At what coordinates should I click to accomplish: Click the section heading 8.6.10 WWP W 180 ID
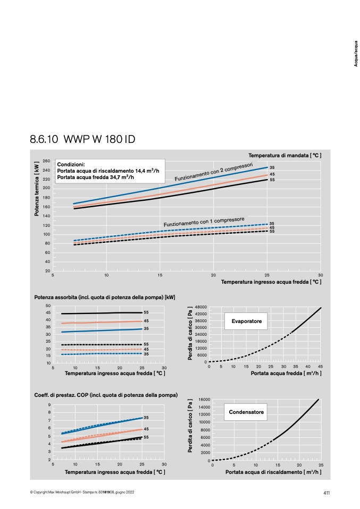[82, 139]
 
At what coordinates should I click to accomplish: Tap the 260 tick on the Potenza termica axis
[46, 161]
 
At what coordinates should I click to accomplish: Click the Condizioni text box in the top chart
[110, 171]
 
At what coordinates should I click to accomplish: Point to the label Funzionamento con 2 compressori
[213, 172]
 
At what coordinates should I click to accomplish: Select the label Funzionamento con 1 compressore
[204, 222]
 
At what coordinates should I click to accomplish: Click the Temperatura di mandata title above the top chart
[285, 156]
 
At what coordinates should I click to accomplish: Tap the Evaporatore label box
[246, 321]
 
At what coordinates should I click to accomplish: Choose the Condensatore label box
[246, 412]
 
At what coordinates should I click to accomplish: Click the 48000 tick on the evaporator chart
[201, 307]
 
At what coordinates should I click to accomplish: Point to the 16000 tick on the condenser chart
[204, 400]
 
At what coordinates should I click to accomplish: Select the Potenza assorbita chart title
[105, 298]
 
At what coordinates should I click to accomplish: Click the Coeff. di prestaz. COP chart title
[106, 395]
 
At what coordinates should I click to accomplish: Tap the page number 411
[326, 493]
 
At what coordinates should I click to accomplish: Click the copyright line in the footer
[82, 492]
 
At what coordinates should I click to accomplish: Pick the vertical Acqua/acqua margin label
[356, 54]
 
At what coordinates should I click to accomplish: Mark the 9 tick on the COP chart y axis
[49, 405]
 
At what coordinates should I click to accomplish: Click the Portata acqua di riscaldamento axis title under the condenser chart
[273, 472]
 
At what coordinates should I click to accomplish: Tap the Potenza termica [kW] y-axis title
[37, 189]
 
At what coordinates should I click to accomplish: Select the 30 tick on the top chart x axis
[320, 275]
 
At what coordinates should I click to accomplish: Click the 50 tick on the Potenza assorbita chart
[48, 306]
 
